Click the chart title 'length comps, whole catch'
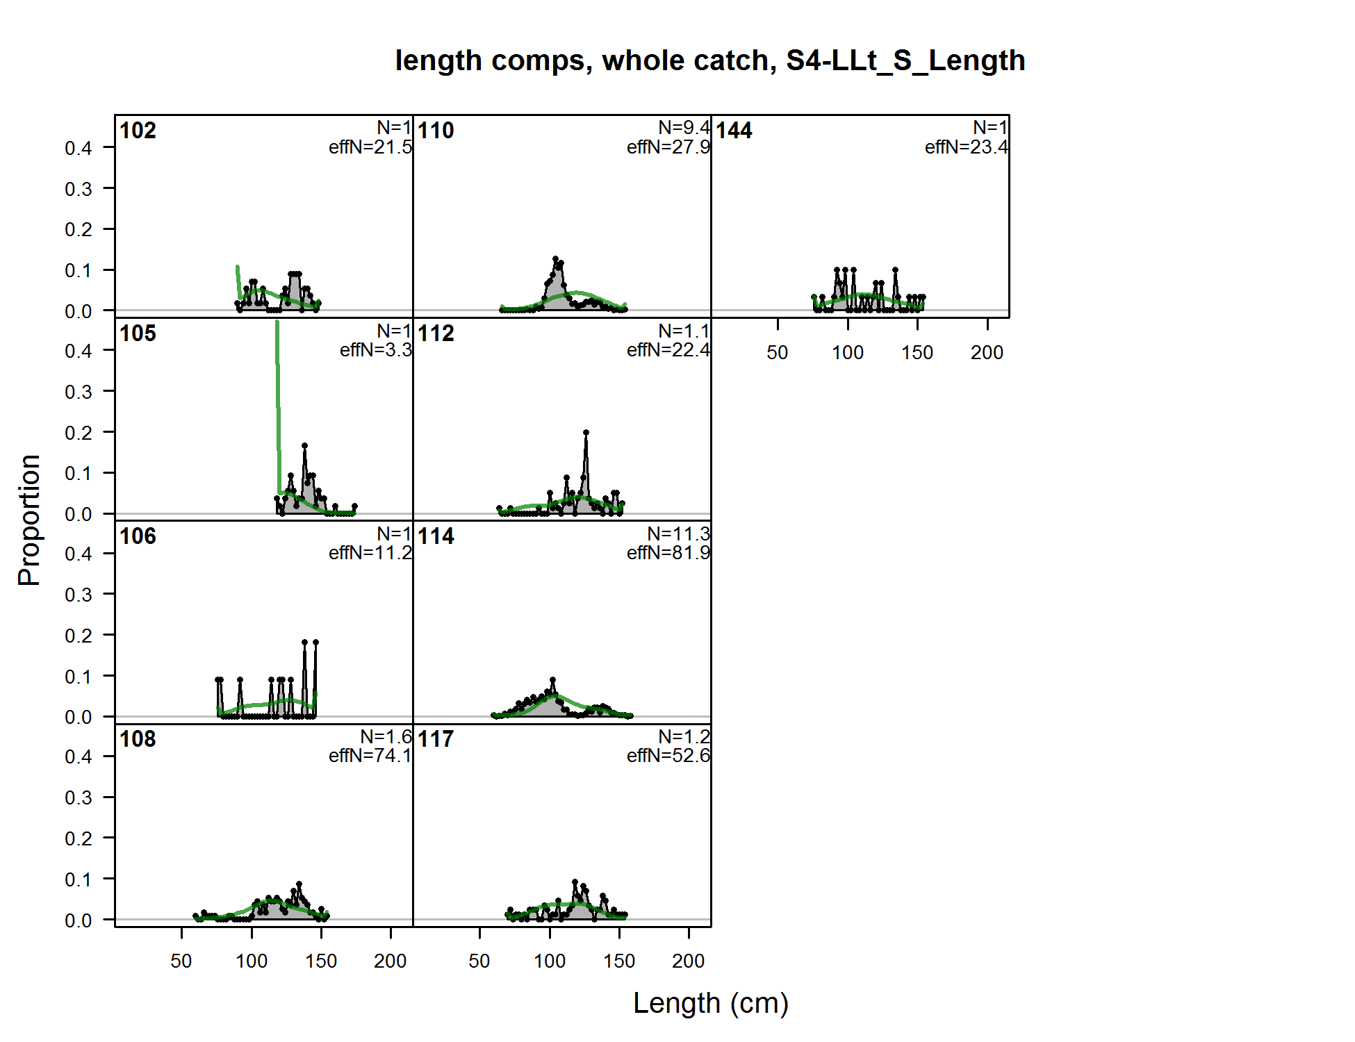point(709,61)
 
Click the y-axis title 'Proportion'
point(29,520)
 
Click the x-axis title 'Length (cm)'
point(710,1003)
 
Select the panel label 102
point(138,131)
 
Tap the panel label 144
point(734,131)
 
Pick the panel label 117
point(436,739)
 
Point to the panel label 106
point(138,536)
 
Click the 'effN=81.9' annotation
point(668,553)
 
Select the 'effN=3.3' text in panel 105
point(375,350)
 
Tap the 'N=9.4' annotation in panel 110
point(684,128)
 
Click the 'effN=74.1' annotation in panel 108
point(370,756)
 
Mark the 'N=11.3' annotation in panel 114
point(678,534)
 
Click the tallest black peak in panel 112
point(586,433)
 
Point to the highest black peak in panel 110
point(555,259)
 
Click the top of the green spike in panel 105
point(277,323)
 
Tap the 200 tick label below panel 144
point(987,353)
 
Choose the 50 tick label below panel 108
point(181,961)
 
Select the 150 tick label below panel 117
point(618,961)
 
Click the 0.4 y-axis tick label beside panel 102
point(79,148)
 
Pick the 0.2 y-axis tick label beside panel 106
point(79,636)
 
